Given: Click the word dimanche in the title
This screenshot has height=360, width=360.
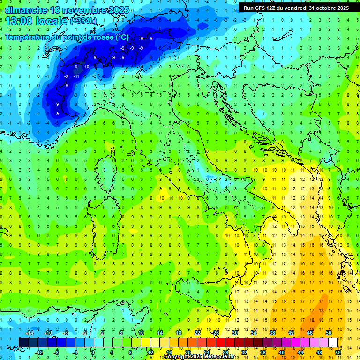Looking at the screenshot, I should click(x=24, y=10).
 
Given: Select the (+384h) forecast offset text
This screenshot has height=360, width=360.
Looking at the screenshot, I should click(x=84, y=21).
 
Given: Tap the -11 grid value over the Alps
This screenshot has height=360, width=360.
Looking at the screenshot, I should click(x=76, y=76).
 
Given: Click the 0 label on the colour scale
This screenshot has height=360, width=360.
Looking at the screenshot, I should click(x=93, y=352).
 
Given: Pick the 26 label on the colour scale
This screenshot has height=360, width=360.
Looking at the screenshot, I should click(x=216, y=333).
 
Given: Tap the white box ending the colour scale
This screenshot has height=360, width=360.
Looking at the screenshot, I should click(x=333, y=342).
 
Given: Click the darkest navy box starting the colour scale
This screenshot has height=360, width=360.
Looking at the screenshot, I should click(x=24, y=342).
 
